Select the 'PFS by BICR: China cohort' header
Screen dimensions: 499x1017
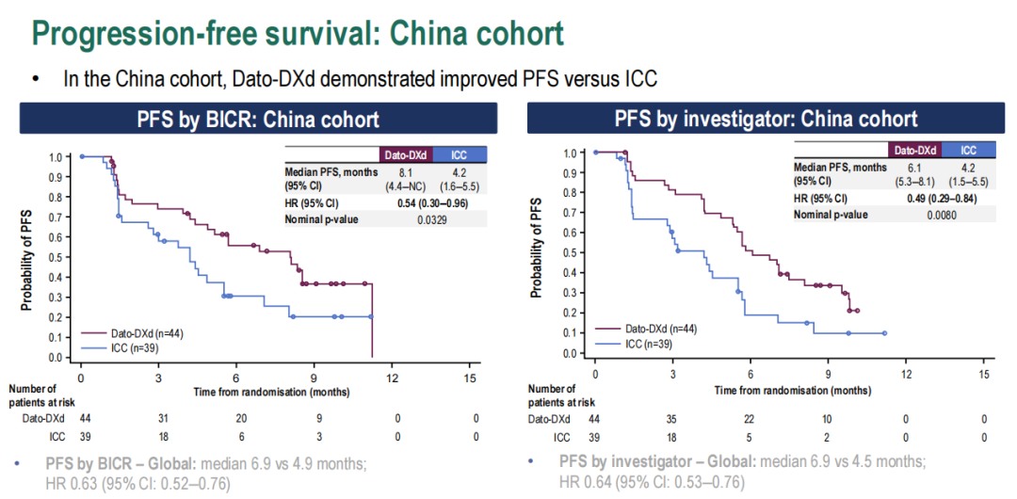(x=259, y=119)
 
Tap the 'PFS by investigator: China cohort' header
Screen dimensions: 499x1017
(x=766, y=119)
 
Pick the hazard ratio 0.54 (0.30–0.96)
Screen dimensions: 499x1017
(x=432, y=203)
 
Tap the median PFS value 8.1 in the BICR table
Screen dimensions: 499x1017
(x=407, y=172)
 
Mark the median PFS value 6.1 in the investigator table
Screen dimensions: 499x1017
(x=913, y=167)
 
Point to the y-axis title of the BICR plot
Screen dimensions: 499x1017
(x=27, y=258)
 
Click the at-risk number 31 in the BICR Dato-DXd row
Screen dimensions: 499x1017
(x=162, y=418)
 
